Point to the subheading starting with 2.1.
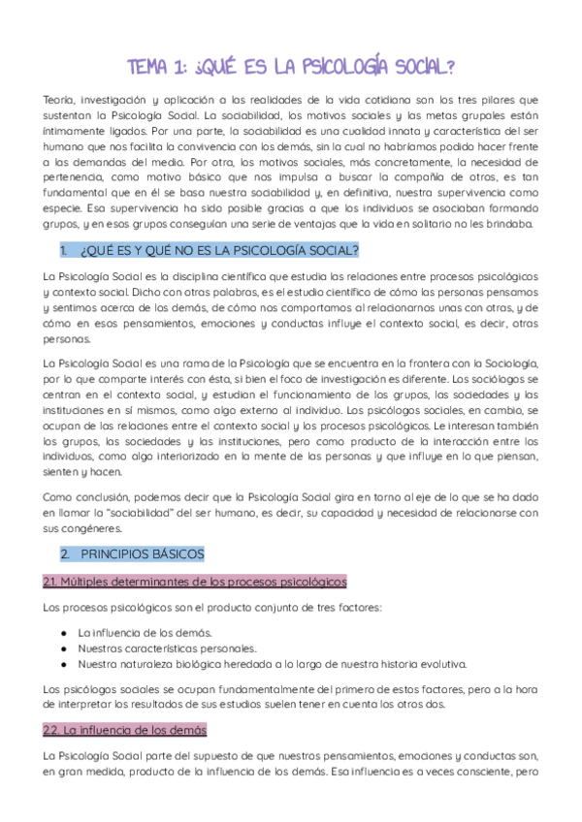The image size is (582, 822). click(x=194, y=582)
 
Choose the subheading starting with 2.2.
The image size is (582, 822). click(x=124, y=729)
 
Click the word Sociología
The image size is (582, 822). click(x=508, y=364)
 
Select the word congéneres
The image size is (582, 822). click(x=89, y=529)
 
